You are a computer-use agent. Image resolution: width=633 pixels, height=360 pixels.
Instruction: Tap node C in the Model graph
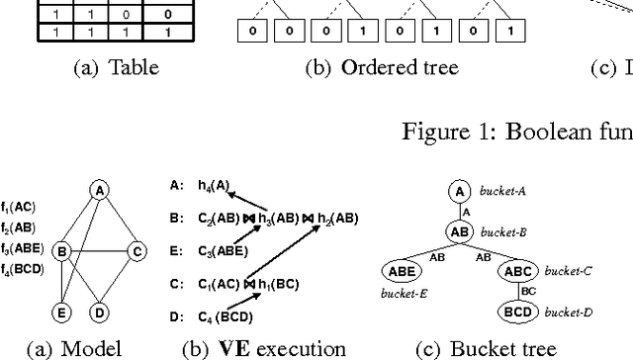(x=136, y=251)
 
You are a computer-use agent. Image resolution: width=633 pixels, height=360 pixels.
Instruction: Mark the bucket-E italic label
(x=403, y=294)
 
